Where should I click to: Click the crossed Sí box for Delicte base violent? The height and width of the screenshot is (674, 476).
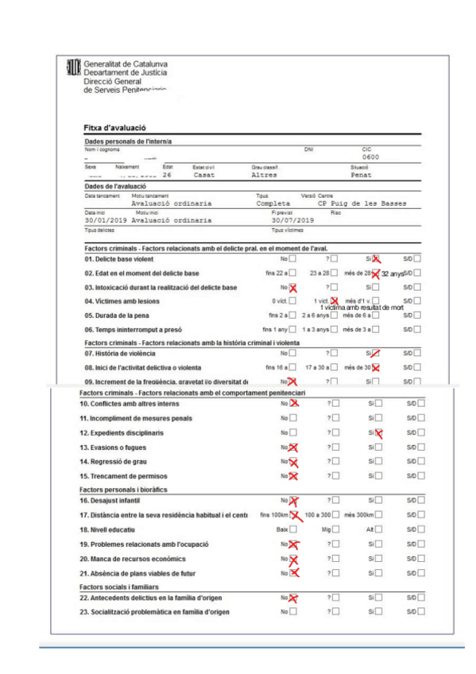377,259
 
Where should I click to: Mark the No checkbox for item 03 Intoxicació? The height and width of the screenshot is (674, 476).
293,287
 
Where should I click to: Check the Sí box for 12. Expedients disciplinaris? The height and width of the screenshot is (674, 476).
378,433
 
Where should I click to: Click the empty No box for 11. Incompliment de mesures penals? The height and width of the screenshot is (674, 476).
293,418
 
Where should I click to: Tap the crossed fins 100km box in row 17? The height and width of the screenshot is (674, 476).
297,515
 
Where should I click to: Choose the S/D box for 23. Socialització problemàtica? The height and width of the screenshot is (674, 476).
421,612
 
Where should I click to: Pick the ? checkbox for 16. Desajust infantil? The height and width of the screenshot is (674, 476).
335,500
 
